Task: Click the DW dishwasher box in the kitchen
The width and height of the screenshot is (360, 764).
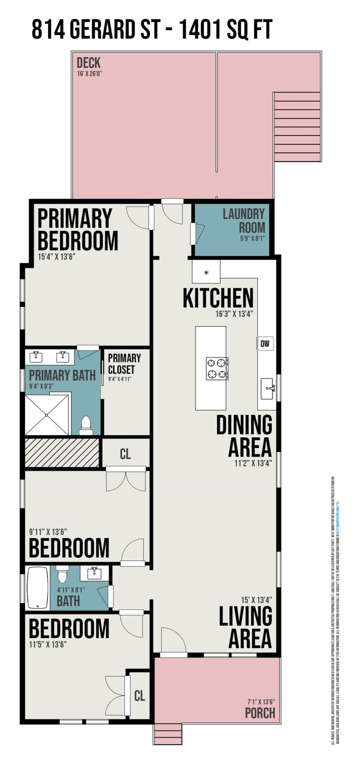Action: point(265,343)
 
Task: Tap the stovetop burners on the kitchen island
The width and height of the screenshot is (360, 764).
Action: point(217,369)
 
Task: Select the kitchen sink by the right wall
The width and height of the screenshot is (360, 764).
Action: point(268,388)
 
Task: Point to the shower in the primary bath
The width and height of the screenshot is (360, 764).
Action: point(47,415)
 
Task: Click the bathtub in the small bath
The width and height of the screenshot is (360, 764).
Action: point(37,588)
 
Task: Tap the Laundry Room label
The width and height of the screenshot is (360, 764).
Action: point(244,221)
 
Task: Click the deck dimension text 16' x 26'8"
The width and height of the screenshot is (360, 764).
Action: point(90,73)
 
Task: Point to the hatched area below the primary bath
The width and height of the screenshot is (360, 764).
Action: point(62,453)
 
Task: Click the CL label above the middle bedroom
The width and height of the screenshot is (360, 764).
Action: point(125,454)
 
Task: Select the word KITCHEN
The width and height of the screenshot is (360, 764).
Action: point(218,298)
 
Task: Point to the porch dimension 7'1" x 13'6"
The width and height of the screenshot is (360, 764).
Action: point(261,702)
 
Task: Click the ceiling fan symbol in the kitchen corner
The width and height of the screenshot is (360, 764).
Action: point(206,272)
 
